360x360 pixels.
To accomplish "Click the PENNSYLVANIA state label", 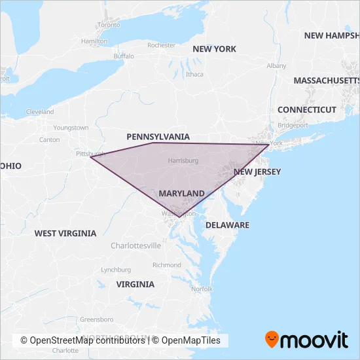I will point(158,137).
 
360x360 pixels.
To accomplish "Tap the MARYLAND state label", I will point(181,194).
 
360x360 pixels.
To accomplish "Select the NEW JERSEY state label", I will point(257,172).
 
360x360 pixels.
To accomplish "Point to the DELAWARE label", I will point(227,225).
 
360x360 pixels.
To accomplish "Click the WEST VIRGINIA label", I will point(65,233).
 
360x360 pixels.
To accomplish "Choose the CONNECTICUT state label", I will point(306,110).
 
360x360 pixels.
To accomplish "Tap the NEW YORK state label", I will point(214,49).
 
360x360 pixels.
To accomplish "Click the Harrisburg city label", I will point(183,160).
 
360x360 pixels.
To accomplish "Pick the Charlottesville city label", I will point(135,245).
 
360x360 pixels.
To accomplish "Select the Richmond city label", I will point(166,265).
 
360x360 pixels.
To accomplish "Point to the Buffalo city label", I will point(123,56).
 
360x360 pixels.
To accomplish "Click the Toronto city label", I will point(109,25).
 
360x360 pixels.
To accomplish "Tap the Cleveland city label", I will point(40,112).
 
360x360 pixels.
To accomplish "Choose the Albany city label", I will point(276,66).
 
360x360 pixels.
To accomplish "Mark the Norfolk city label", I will point(202,289).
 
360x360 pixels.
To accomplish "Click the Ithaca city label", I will point(194,74).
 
